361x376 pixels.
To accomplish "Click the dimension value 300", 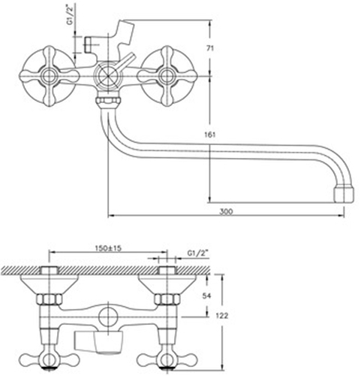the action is [226, 211].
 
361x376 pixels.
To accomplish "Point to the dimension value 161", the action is [210, 135].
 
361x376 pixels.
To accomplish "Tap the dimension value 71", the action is [210, 48].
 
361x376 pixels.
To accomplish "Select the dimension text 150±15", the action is [108, 248].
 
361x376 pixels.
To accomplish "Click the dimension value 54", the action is [206, 296].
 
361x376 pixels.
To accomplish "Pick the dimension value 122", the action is [222, 316].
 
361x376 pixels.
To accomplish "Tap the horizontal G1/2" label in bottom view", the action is [198, 253].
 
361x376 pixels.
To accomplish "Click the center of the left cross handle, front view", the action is [50, 76].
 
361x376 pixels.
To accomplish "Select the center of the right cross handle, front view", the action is [167, 76].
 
